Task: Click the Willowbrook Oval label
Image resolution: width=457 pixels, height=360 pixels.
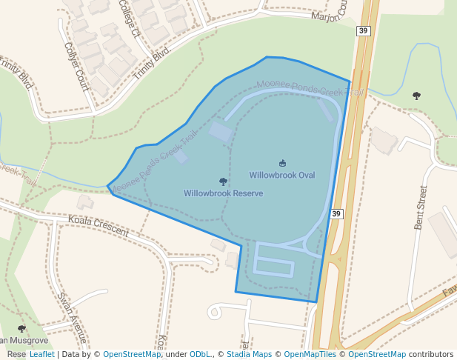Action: (x=281, y=176)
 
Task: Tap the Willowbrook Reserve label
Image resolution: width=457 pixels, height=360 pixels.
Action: (x=223, y=193)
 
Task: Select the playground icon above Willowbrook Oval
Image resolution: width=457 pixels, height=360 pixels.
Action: (x=282, y=163)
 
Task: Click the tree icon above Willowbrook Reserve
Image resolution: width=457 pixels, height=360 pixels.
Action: (x=223, y=181)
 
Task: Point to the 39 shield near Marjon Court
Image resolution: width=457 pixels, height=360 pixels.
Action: (x=363, y=30)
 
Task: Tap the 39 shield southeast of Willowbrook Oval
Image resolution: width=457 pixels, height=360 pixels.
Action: (x=337, y=214)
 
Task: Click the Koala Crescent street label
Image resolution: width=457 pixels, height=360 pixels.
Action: (x=98, y=226)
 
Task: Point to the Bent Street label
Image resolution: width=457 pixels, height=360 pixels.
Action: (x=421, y=207)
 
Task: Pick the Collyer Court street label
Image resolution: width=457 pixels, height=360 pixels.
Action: (x=76, y=65)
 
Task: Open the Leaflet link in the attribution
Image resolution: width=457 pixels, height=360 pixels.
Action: (x=41, y=354)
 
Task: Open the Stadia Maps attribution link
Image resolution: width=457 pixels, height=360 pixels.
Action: (x=249, y=354)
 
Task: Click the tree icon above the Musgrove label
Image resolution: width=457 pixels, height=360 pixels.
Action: (x=21, y=328)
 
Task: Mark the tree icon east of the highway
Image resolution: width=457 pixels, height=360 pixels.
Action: (x=416, y=96)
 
